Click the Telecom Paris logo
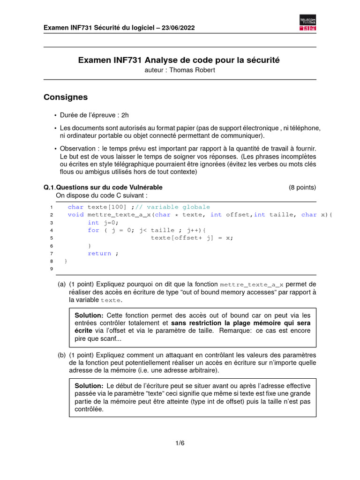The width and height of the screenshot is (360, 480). tap(307, 23)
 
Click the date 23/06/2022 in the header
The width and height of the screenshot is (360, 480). tap(179, 28)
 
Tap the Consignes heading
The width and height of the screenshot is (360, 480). tap(66, 97)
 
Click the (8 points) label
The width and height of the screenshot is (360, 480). tap(302, 187)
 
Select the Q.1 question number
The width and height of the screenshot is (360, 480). tap(49, 187)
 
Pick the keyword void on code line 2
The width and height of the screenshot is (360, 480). tap(75, 215)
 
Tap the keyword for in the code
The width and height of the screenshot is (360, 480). tap(93, 230)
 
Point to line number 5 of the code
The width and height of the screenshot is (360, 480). tap(51, 238)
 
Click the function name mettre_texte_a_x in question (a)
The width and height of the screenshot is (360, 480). tap(252, 285)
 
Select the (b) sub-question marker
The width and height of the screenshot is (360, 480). tap(62, 355)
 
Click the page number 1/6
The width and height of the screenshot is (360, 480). tap(180, 443)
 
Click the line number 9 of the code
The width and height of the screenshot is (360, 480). tap(51, 269)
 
